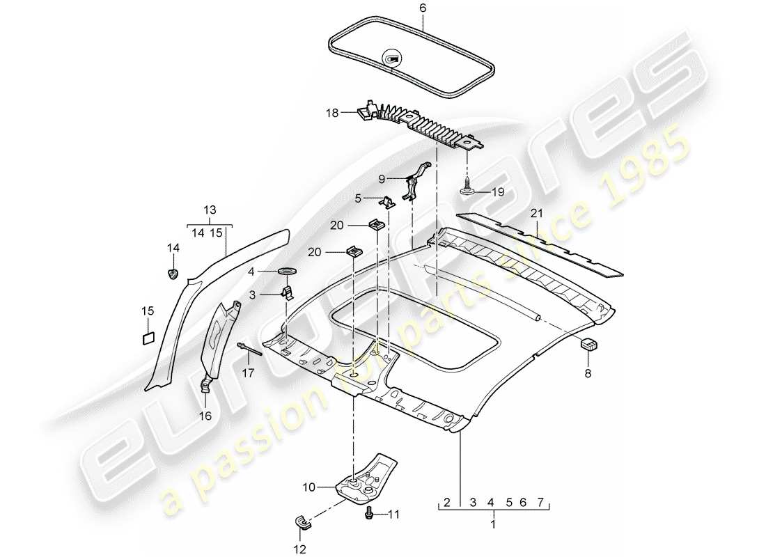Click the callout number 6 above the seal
(x=421, y=8)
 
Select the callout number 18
(x=333, y=111)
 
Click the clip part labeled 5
(x=388, y=203)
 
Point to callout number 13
(x=210, y=210)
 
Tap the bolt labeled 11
(x=369, y=513)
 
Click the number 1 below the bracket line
(x=494, y=523)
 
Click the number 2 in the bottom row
(x=447, y=502)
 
